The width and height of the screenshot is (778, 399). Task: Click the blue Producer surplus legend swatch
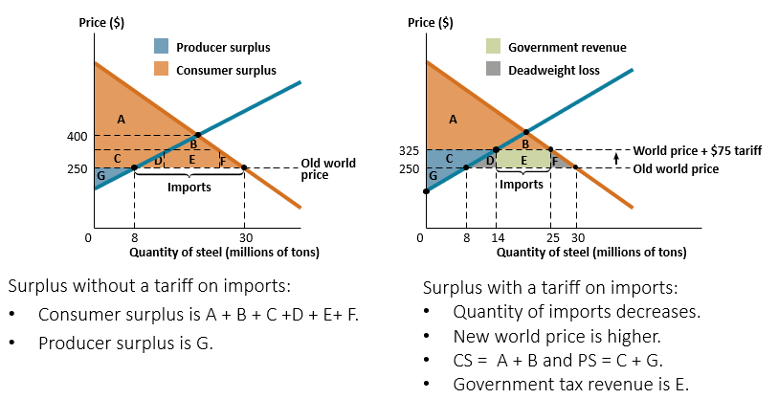pyautogui.click(x=161, y=46)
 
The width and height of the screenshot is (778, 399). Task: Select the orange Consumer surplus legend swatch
pyautogui.click(x=161, y=69)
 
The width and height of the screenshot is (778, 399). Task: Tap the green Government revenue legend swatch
pyautogui.click(x=494, y=46)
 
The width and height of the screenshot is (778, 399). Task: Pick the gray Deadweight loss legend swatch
pyautogui.click(x=494, y=69)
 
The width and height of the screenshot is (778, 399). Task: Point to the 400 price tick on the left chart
pyautogui.click(x=78, y=136)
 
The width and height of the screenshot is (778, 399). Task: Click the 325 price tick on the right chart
pyautogui.click(x=408, y=151)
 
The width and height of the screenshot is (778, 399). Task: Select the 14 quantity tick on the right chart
pyautogui.click(x=496, y=237)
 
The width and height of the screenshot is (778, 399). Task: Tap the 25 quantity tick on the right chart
pyautogui.click(x=552, y=237)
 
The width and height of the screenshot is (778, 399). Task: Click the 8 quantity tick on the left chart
pyautogui.click(x=134, y=237)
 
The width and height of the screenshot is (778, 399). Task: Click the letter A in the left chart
pyautogui.click(x=121, y=119)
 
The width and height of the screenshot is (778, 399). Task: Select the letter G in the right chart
pyautogui.click(x=433, y=176)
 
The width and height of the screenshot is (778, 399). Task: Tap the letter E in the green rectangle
pyautogui.click(x=523, y=159)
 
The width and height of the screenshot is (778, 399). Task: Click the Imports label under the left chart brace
pyautogui.click(x=189, y=188)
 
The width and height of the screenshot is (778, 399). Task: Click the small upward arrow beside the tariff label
pyautogui.click(x=617, y=158)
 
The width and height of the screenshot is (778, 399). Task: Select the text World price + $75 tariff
pyautogui.click(x=697, y=151)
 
